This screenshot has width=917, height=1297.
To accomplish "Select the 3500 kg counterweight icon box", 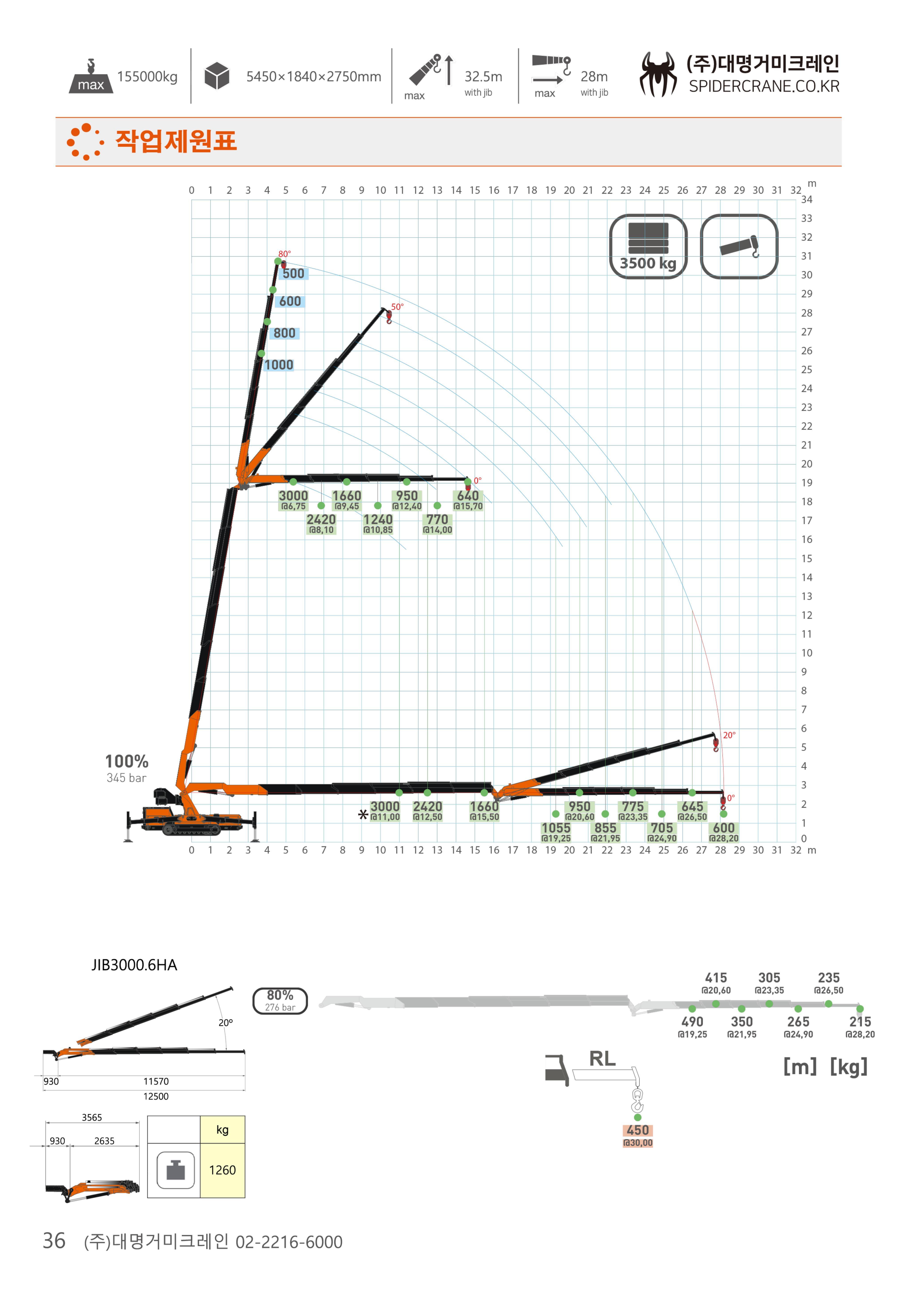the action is point(648,246).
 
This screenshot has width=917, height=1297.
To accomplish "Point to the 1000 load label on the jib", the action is point(279,365).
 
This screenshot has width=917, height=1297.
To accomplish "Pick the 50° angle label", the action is point(397,307).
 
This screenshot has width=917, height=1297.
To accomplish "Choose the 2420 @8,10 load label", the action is point(321,524).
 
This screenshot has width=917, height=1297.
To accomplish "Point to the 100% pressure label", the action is point(127,762).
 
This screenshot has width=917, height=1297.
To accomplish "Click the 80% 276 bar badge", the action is point(280,1000).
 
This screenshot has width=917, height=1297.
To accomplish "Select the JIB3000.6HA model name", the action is point(134,965).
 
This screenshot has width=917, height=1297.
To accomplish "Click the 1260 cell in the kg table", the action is point(222,1170).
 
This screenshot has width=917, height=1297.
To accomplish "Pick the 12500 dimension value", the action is point(156,1096).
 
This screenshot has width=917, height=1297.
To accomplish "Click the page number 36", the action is point(54,1240).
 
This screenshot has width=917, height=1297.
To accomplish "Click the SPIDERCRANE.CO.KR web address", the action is point(764,86).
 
